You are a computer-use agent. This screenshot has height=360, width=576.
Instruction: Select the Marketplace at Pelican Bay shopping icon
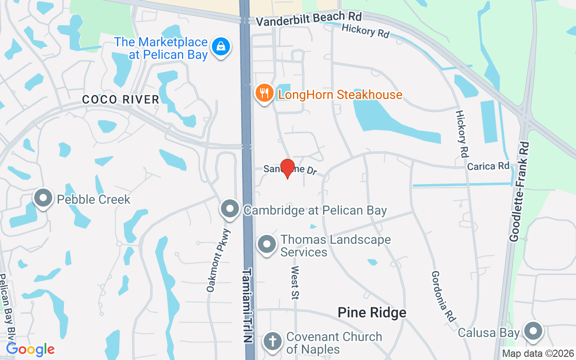click(221, 46)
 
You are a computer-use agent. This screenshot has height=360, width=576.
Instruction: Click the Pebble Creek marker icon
click(43, 198)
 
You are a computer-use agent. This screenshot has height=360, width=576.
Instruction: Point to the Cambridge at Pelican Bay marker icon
click(230, 209)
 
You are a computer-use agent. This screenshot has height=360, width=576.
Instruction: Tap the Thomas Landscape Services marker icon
click(267, 244)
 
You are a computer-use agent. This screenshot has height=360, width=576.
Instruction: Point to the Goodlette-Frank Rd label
click(519, 192)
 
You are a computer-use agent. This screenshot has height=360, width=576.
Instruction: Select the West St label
click(295, 282)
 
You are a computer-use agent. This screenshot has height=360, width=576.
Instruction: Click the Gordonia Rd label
click(441, 292)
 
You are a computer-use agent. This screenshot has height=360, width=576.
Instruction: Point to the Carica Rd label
click(488, 166)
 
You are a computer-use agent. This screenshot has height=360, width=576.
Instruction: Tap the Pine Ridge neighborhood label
click(372, 312)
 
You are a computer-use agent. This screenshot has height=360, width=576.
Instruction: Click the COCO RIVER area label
click(121, 99)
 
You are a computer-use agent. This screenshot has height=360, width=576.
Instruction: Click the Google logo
click(30, 349)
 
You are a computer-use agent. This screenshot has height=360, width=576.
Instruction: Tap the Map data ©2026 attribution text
click(538, 353)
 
